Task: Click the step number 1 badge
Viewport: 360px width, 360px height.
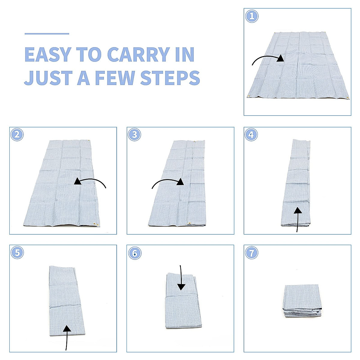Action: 252,16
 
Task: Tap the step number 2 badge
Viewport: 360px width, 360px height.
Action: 17,134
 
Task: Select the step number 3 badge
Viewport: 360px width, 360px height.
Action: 134,134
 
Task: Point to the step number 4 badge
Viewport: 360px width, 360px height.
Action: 251,134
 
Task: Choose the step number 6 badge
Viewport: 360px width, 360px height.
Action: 135,253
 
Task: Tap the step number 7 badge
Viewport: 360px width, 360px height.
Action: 251,253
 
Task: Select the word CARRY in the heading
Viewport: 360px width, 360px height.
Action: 139,54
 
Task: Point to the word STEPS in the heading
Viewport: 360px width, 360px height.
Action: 170,78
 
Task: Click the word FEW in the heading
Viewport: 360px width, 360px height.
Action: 115,78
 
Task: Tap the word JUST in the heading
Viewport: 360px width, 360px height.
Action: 48,78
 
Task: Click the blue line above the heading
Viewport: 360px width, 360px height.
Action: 47,34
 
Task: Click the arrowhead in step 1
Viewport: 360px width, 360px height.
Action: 280,58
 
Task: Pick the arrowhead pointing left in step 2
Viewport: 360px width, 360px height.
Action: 78,181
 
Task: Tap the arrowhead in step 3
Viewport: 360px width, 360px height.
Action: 180,181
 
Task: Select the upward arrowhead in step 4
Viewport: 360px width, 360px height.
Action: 298,211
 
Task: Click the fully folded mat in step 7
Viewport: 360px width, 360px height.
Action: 302,301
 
